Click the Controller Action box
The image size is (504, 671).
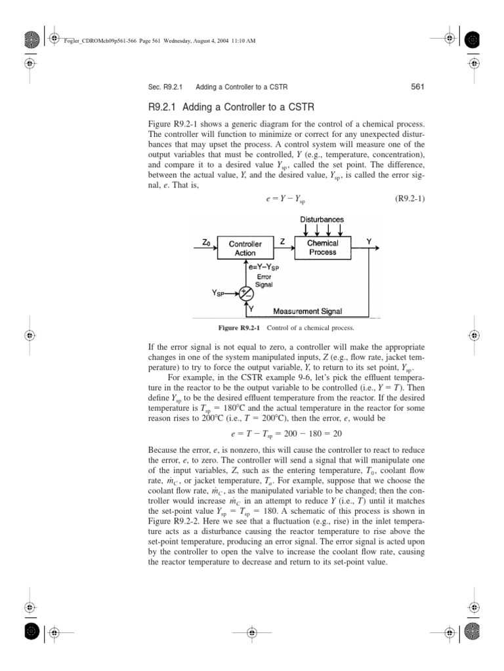(245, 248)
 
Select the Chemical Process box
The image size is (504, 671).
(322, 247)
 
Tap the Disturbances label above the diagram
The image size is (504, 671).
(322, 219)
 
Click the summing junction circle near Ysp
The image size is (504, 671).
(246, 293)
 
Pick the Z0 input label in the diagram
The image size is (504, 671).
(207, 242)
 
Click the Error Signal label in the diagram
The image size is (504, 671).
(263, 281)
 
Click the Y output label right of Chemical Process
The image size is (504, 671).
(368, 242)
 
